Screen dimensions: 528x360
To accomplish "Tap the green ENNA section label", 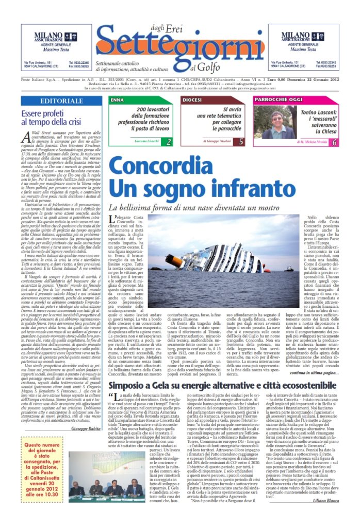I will (x=118, y=99).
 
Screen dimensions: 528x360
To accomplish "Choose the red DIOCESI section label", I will (x=192, y=99).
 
